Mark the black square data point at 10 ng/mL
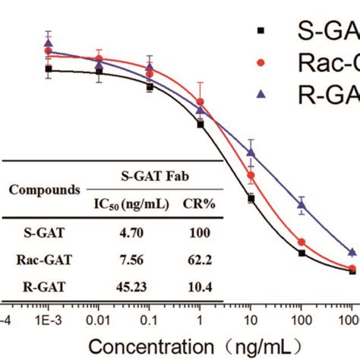[x=251, y=198]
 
